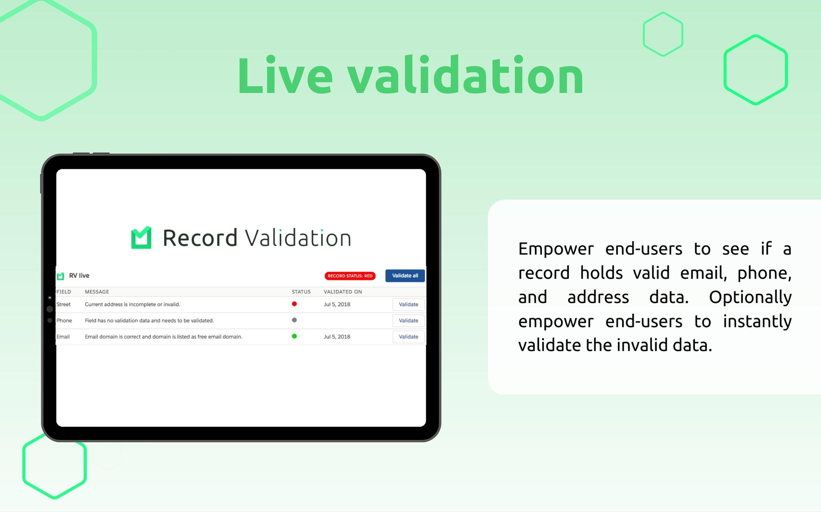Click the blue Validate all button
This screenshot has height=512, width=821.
[405, 275]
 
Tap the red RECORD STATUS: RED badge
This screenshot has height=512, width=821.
[350, 276]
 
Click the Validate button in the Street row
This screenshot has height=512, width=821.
[408, 304]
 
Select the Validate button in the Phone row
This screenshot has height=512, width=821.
[408, 320]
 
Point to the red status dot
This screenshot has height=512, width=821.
[294, 304]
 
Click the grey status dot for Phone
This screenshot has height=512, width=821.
[294, 320]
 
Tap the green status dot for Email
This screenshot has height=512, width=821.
[294, 336]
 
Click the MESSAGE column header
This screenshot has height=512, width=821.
[97, 292]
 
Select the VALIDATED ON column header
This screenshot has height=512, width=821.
[342, 292]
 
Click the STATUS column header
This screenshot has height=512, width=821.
[301, 292]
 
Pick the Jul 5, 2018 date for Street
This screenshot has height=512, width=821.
[337, 304]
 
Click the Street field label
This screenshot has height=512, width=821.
[63, 304]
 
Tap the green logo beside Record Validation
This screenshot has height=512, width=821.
[141, 238]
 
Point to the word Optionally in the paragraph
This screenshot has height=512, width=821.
[750, 297]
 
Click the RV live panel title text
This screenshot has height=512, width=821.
[79, 275]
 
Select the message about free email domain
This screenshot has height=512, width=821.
[163, 337]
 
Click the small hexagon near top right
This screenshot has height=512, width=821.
[663, 34]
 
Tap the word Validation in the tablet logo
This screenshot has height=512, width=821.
[298, 238]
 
